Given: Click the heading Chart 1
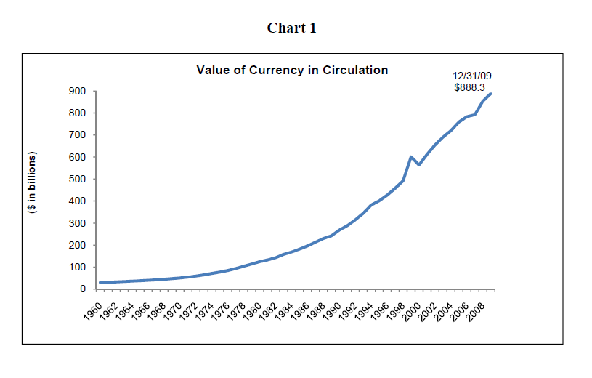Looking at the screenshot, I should point(291,28).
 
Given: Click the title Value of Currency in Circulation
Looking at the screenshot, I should point(292,71).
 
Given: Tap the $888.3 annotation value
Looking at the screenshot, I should point(469,87).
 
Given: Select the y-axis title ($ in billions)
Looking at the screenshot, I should point(32,182).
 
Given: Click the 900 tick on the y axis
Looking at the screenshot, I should point(78,92).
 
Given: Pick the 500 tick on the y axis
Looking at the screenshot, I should point(78,180).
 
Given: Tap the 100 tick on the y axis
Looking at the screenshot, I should point(78,268).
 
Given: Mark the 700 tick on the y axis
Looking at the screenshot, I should point(78,135).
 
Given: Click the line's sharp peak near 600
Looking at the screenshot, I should point(411,157).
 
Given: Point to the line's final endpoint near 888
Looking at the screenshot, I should point(491,94).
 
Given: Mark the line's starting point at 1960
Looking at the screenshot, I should point(100,282).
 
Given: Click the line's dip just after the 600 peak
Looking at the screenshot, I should point(419,165).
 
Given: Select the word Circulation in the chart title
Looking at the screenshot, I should point(355,71).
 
